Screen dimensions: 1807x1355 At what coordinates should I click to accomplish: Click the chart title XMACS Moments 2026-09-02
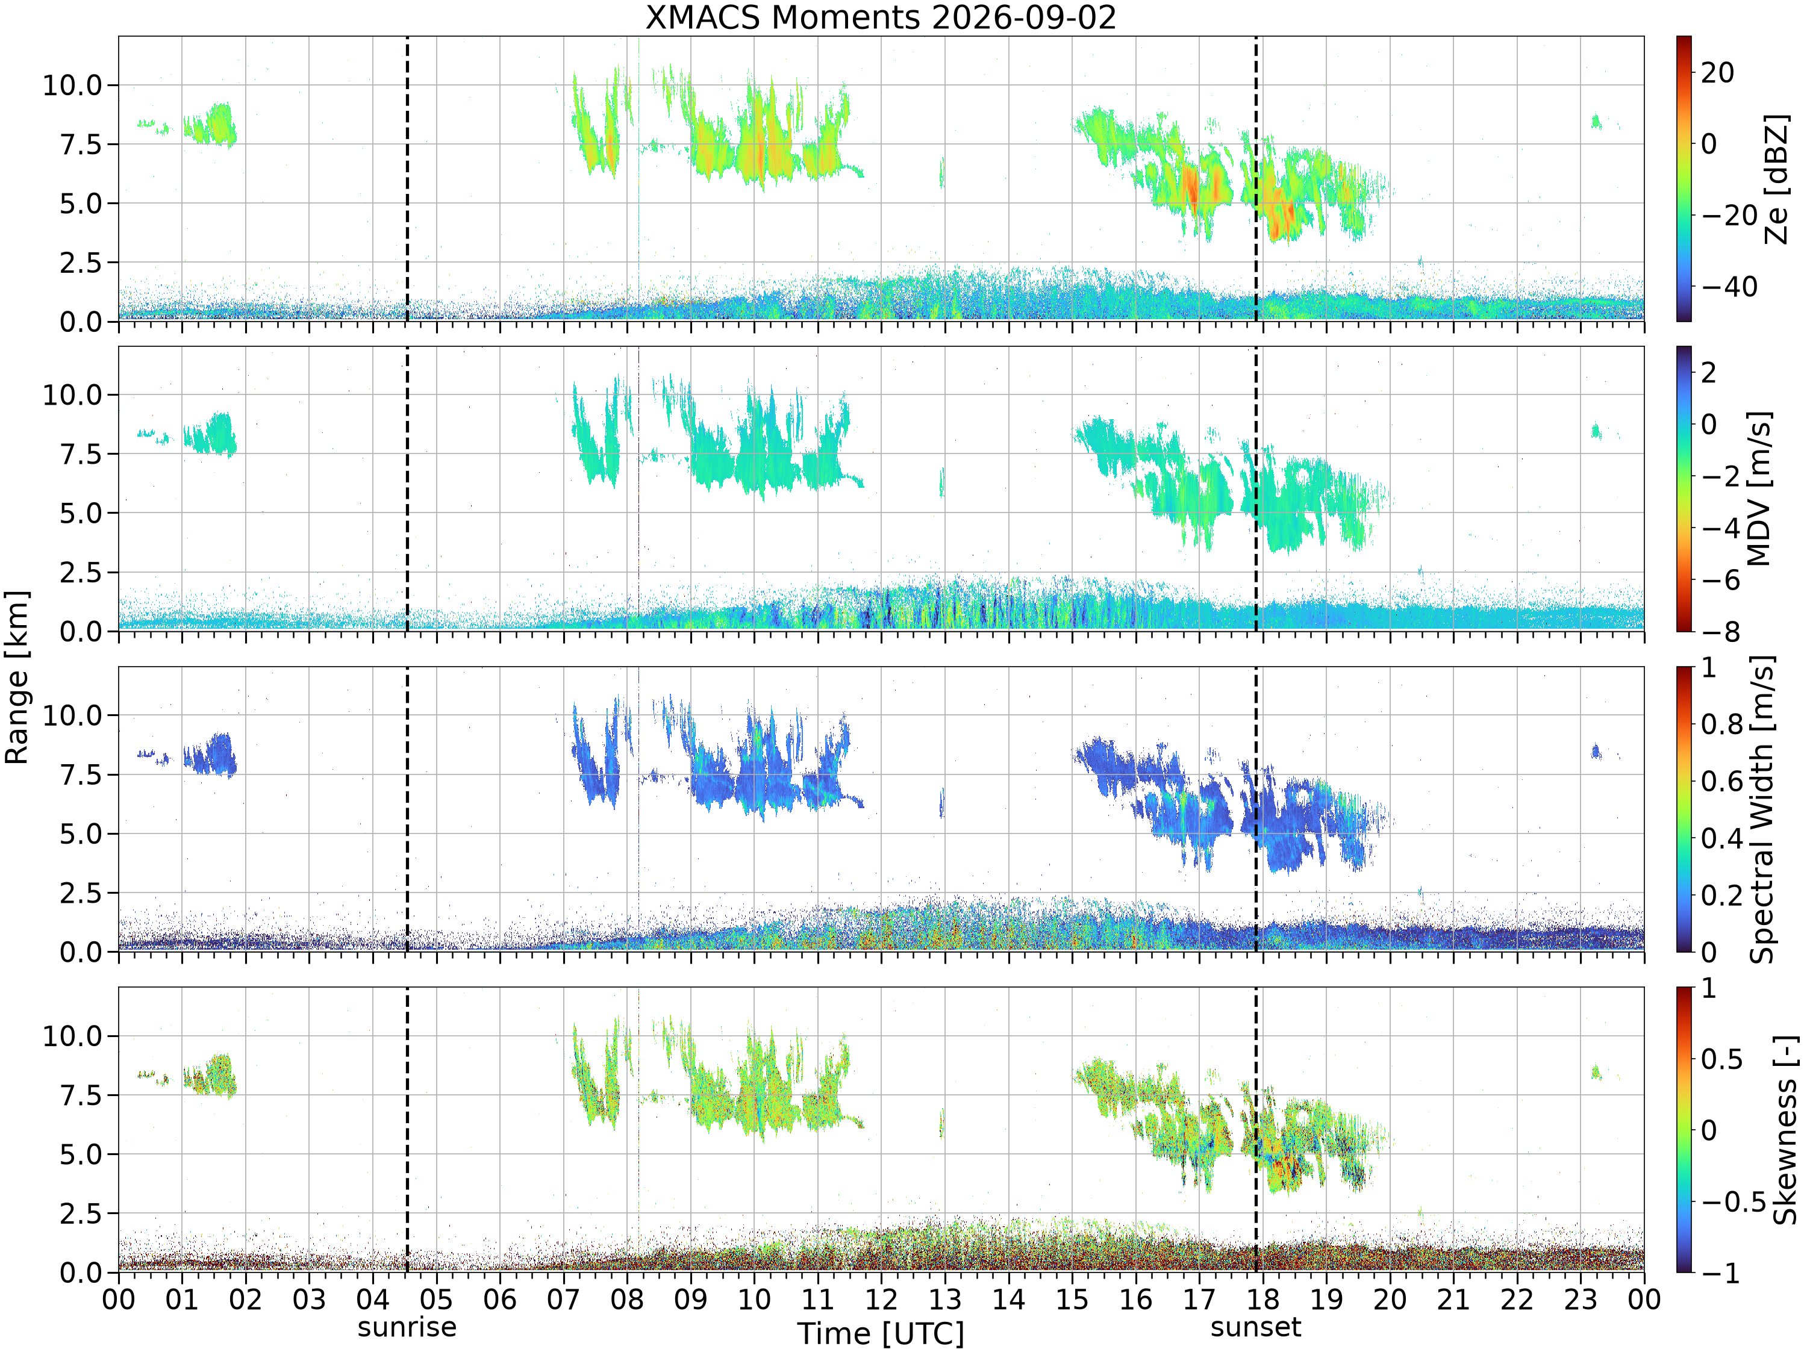[881, 17]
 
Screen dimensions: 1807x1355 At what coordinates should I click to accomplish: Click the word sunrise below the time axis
[407, 1327]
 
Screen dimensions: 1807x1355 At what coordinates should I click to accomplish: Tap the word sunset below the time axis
[1256, 1327]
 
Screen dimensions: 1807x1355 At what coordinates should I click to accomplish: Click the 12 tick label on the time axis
[881, 1298]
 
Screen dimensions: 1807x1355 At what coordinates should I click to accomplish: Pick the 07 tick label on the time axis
[563, 1298]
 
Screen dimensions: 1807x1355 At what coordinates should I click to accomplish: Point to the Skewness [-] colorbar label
[1784, 1130]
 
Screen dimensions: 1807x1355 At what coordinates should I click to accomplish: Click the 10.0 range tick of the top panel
[72, 85]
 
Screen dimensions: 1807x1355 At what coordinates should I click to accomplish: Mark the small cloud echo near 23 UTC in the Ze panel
[1596, 122]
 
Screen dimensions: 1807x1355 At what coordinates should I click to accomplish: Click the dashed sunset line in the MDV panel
[1256, 488]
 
